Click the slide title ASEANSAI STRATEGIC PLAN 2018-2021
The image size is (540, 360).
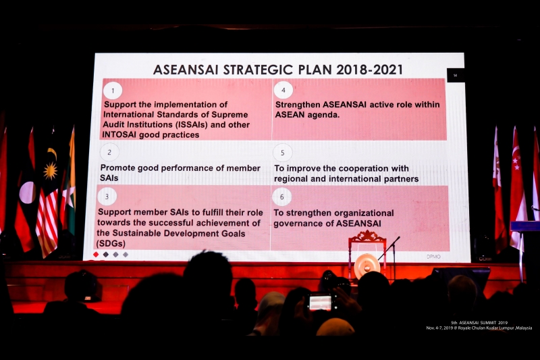click(277, 70)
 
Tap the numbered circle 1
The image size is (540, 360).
click(113, 91)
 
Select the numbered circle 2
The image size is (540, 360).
click(109, 152)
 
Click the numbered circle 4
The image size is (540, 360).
click(283, 91)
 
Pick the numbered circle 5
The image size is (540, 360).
click(282, 153)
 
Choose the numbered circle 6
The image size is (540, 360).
click(282, 197)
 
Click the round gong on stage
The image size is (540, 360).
click(367, 265)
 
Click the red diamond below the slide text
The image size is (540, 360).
click(96, 255)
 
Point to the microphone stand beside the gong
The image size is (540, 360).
click(393, 253)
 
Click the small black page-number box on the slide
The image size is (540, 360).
click(455, 76)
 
